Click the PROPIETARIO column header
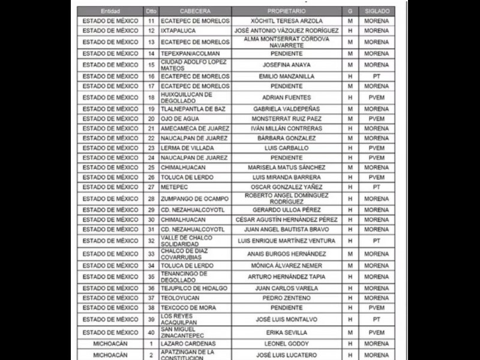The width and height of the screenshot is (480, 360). tap(286, 11)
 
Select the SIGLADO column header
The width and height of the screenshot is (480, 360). tap(376, 11)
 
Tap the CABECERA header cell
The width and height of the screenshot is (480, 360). tap(195, 11)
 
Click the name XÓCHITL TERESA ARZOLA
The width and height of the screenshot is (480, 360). tap(286, 21)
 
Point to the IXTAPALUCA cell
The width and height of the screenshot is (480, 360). tap(180, 31)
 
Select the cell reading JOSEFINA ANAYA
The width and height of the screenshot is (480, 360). tap(286, 65)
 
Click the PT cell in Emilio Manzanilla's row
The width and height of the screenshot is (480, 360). tap(376, 77)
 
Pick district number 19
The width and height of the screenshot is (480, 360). tap(151, 109)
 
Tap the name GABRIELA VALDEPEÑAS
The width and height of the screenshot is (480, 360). tap(286, 109)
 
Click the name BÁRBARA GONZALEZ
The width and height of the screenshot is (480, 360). tap(286, 138)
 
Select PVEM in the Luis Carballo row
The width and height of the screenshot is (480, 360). tap(376, 148)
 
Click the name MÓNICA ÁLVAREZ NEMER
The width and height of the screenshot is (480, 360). tap(286, 265)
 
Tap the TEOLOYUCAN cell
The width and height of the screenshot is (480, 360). tap(180, 298)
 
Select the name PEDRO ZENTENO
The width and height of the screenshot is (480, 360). tap(286, 298)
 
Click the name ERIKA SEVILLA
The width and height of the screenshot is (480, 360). tap(286, 332)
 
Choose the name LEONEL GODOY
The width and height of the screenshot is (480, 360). tap(286, 344)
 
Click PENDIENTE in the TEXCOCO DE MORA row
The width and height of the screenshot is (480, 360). tap(286, 307)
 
